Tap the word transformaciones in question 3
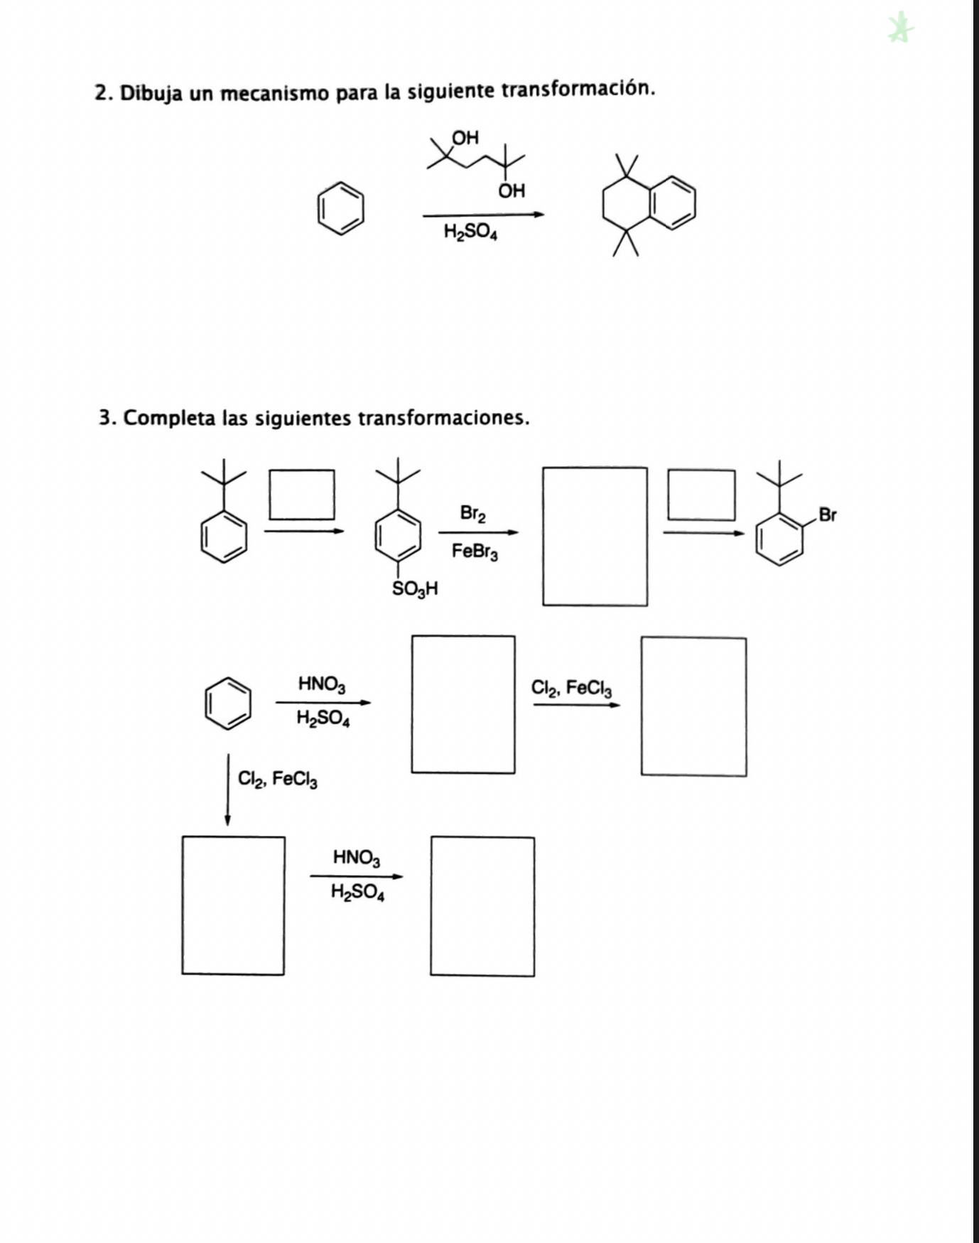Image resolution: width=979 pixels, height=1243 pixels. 443,418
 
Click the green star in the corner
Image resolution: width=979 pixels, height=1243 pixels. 900,28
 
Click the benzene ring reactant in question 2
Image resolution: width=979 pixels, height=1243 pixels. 340,208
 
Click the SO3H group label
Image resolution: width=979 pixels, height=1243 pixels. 414,588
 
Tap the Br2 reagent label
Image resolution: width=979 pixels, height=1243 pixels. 472,513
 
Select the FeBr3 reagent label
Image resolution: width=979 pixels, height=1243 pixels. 475,551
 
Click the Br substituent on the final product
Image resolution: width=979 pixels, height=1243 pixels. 827,515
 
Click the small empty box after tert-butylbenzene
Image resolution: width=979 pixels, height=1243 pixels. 302,495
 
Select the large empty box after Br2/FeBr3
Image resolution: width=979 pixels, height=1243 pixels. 595,537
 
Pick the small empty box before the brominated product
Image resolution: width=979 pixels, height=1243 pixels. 701,495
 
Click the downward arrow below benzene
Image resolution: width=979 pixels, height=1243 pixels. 227,790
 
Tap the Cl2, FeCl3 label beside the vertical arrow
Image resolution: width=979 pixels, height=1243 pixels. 277,780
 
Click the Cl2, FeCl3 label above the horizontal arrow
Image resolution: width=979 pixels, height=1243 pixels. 571,688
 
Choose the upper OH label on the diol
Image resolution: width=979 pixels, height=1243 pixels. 465,138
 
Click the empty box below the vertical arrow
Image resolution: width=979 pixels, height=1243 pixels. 233,905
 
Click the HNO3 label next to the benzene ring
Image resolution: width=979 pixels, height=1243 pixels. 322,684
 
